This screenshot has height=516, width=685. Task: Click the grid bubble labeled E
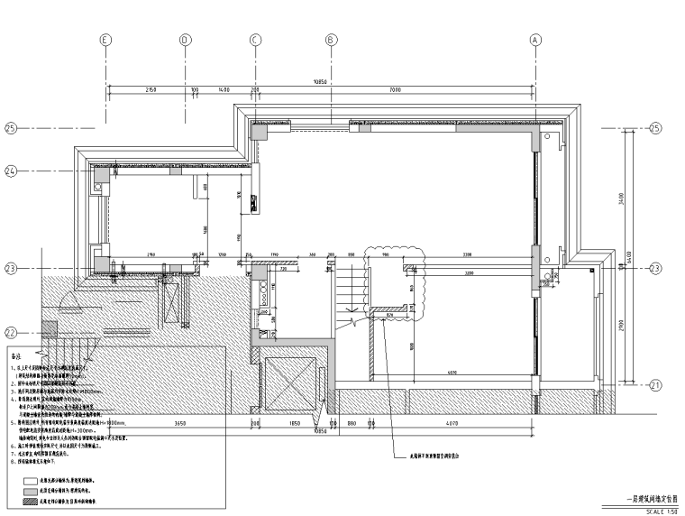point(106,40)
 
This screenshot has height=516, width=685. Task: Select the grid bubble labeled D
point(184,40)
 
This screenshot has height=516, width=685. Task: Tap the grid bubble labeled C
point(255,40)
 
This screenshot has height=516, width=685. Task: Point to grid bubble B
point(331,40)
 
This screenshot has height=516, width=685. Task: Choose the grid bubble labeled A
point(535,40)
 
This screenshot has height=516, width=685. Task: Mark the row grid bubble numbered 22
point(12,331)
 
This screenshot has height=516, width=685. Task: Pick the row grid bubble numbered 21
point(655,385)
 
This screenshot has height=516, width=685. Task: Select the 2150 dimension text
point(151,90)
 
